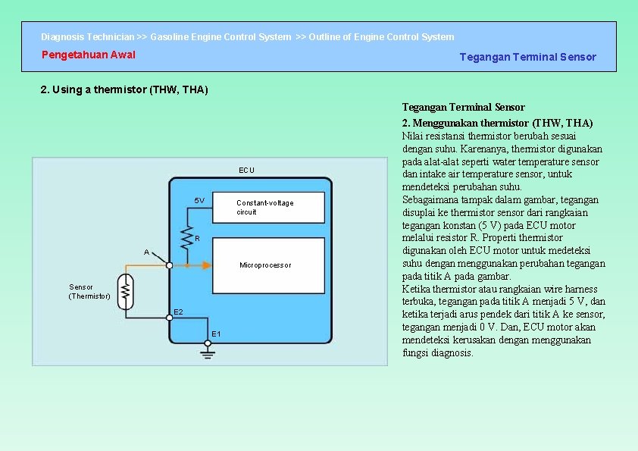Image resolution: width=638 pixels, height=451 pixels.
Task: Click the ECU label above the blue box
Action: click(x=247, y=170)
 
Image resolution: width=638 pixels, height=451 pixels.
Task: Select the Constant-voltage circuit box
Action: click(x=269, y=207)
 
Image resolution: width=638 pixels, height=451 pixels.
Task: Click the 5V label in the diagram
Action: click(x=199, y=201)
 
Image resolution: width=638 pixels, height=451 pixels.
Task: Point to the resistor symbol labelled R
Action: click(x=186, y=239)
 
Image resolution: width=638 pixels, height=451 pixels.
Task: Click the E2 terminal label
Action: click(x=178, y=312)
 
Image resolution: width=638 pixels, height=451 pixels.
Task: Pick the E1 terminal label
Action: click(x=217, y=334)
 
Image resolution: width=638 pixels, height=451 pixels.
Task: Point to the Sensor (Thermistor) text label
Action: click(x=89, y=292)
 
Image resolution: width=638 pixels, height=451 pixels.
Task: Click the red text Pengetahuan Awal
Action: click(x=89, y=55)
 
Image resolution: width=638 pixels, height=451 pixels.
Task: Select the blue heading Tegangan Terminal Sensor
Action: click(x=527, y=57)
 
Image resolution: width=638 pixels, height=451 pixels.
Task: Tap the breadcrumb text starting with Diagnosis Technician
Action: click(x=247, y=36)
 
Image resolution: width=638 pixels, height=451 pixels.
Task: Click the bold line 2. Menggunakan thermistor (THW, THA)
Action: click(x=497, y=123)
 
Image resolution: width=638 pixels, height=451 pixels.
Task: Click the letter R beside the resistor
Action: click(x=197, y=239)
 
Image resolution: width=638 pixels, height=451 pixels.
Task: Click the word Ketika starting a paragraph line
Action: click(x=417, y=289)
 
